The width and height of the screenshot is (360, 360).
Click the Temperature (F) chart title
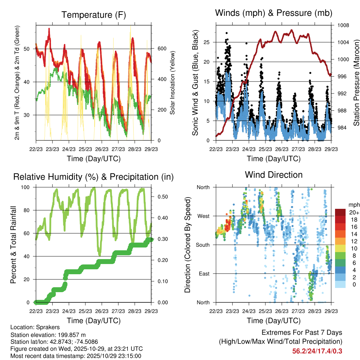[x=94, y=15]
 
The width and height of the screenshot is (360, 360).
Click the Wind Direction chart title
[x=274, y=174]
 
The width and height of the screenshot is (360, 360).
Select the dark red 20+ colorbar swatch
[x=341, y=212]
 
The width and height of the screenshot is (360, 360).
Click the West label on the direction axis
[x=203, y=216]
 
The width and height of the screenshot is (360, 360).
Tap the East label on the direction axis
[x=204, y=274]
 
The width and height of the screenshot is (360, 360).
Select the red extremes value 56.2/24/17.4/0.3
[x=317, y=351]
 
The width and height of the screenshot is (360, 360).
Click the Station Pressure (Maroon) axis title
[x=356, y=83]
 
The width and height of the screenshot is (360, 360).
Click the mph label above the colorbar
[x=353, y=205]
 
